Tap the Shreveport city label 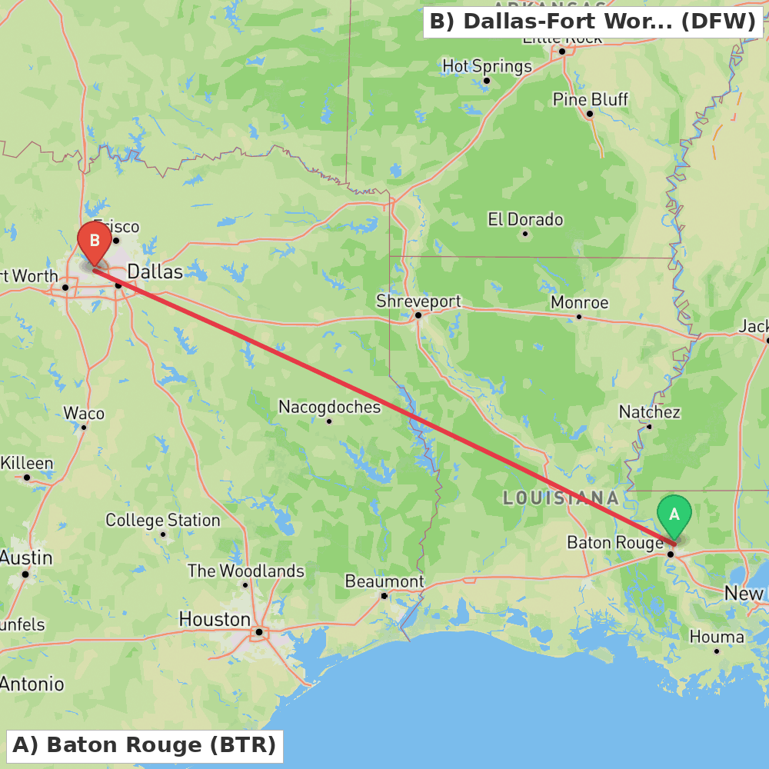click(x=418, y=301)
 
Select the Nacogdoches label click(x=329, y=407)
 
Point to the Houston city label click(x=215, y=619)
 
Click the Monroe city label click(x=579, y=302)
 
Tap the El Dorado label click(x=525, y=220)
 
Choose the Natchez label click(x=649, y=412)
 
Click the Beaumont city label click(x=384, y=581)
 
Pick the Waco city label click(x=84, y=414)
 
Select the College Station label click(x=162, y=521)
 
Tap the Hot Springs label click(x=487, y=66)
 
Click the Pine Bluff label click(x=590, y=99)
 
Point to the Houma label click(x=716, y=637)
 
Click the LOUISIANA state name click(x=561, y=498)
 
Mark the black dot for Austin click(x=25, y=574)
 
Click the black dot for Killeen click(x=27, y=478)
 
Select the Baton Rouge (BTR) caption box click(x=144, y=745)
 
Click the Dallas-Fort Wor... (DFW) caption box click(x=592, y=22)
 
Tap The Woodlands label click(x=245, y=571)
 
